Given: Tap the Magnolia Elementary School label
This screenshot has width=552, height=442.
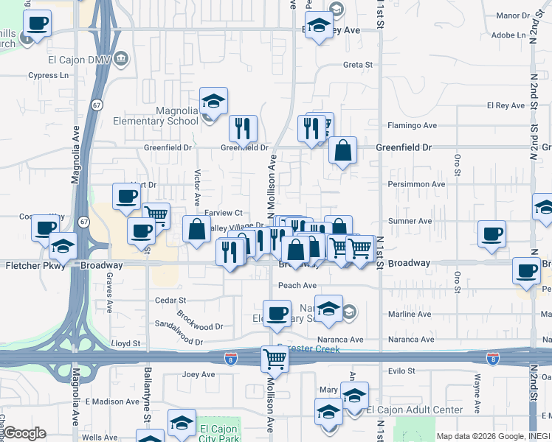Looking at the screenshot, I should tap(156, 116).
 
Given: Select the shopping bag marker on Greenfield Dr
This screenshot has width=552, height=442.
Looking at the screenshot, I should tap(342, 151).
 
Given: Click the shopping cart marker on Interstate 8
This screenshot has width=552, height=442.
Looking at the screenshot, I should tap(275, 359).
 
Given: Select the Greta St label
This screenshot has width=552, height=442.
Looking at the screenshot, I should tap(358, 65).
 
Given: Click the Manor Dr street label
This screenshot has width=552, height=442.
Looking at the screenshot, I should tap(514, 15).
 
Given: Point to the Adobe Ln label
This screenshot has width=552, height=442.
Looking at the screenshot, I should tap(507, 35).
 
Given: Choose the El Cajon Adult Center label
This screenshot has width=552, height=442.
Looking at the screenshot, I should tap(415, 410).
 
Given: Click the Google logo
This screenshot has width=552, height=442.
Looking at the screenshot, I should tap(25, 433).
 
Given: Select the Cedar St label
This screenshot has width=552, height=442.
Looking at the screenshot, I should tap(171, 301).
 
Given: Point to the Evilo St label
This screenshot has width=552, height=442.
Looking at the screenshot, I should tap(401, 371).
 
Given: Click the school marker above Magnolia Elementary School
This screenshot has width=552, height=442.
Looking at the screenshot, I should tap(214, 101).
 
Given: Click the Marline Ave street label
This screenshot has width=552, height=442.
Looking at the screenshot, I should tap(409, 315).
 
